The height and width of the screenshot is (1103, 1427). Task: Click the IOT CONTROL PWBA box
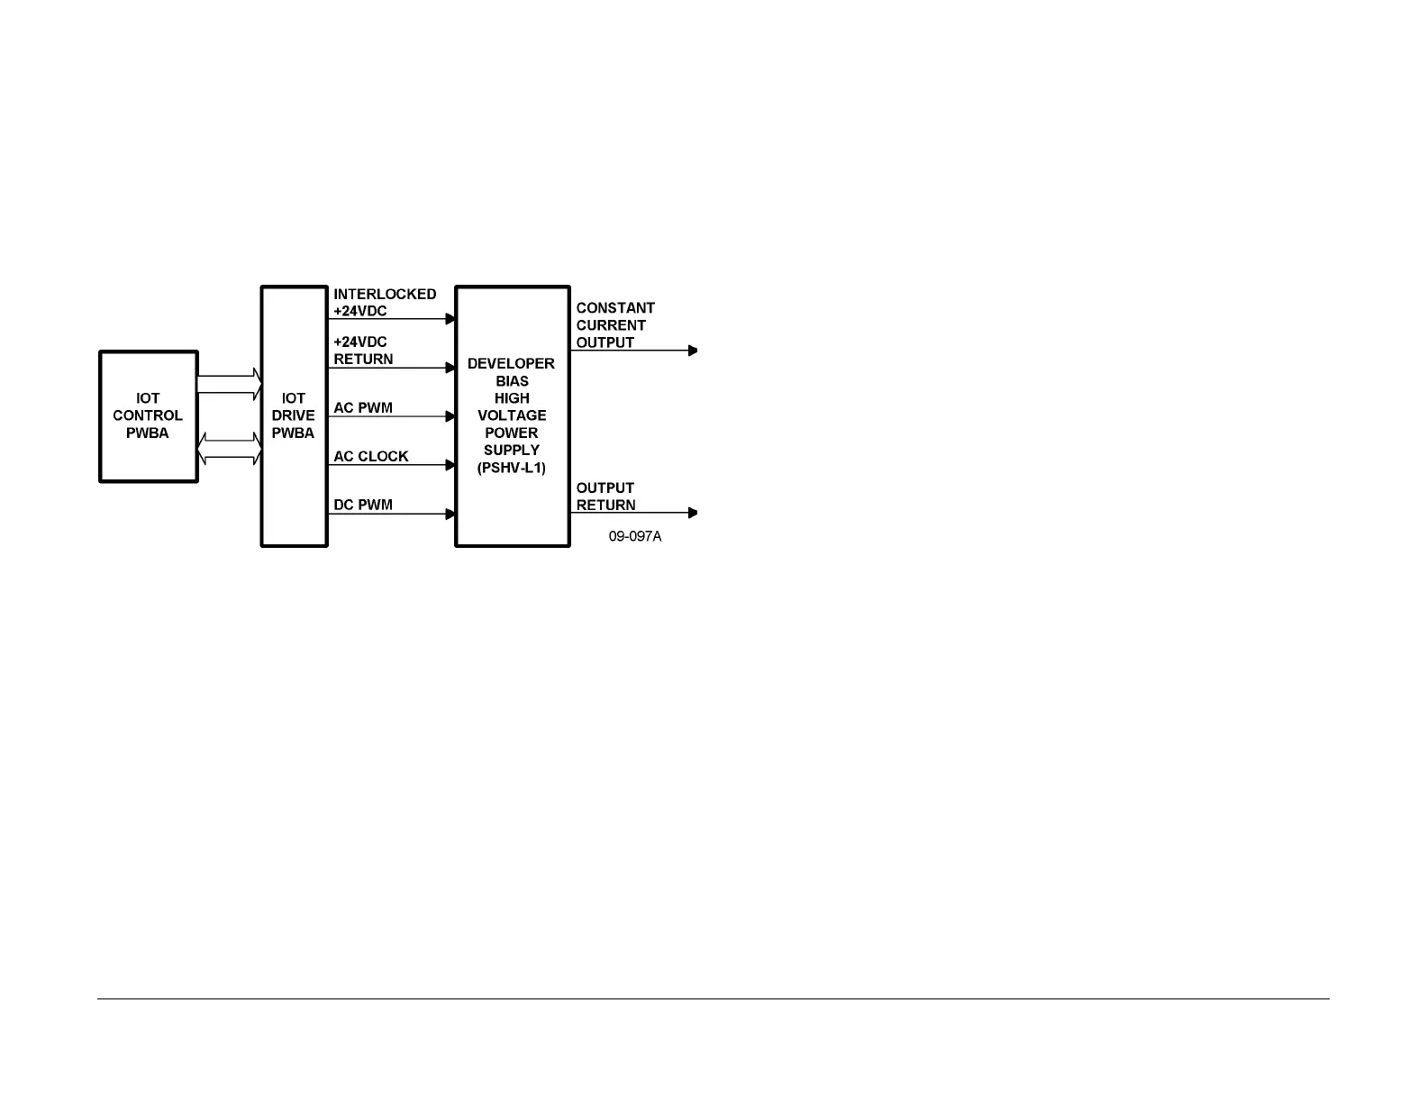(x=148, y=416)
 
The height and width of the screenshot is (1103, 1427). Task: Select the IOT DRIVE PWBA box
(x=294, y=416)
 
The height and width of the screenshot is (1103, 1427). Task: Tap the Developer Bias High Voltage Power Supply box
(x=512, y=415)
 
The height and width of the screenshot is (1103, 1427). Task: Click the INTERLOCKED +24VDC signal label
(x=385, y=303)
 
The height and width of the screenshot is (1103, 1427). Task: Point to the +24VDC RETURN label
(x=363, y=351)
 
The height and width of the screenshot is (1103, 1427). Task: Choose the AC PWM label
(x=363, y=407)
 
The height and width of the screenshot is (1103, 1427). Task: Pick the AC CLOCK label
(x=371, y=456)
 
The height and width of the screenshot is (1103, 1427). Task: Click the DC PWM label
(x=363, y=505)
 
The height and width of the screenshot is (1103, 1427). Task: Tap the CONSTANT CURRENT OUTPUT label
(x=614, y=325)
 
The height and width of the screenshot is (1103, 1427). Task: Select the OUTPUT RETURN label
(x=605, y=497)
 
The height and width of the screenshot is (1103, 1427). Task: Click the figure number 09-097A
(x=634, y=536)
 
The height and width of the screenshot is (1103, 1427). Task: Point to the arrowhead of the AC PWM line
(x=451, y=416)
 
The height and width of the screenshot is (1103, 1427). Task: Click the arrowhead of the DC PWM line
(x=451, y=514)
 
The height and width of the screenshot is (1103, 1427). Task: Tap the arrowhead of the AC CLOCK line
(x=451, y=465)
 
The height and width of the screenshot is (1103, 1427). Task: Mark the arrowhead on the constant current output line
(x=693, y=351)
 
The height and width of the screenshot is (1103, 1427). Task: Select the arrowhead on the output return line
(x=693, y=513)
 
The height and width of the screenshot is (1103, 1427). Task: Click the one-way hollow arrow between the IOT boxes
(x=229, y=385)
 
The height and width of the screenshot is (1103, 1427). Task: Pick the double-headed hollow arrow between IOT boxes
(x=229, y=449)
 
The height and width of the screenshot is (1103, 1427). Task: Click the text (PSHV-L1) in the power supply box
(x=512, y=468)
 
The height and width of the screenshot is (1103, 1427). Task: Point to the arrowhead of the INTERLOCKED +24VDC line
(x=451, y=318)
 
